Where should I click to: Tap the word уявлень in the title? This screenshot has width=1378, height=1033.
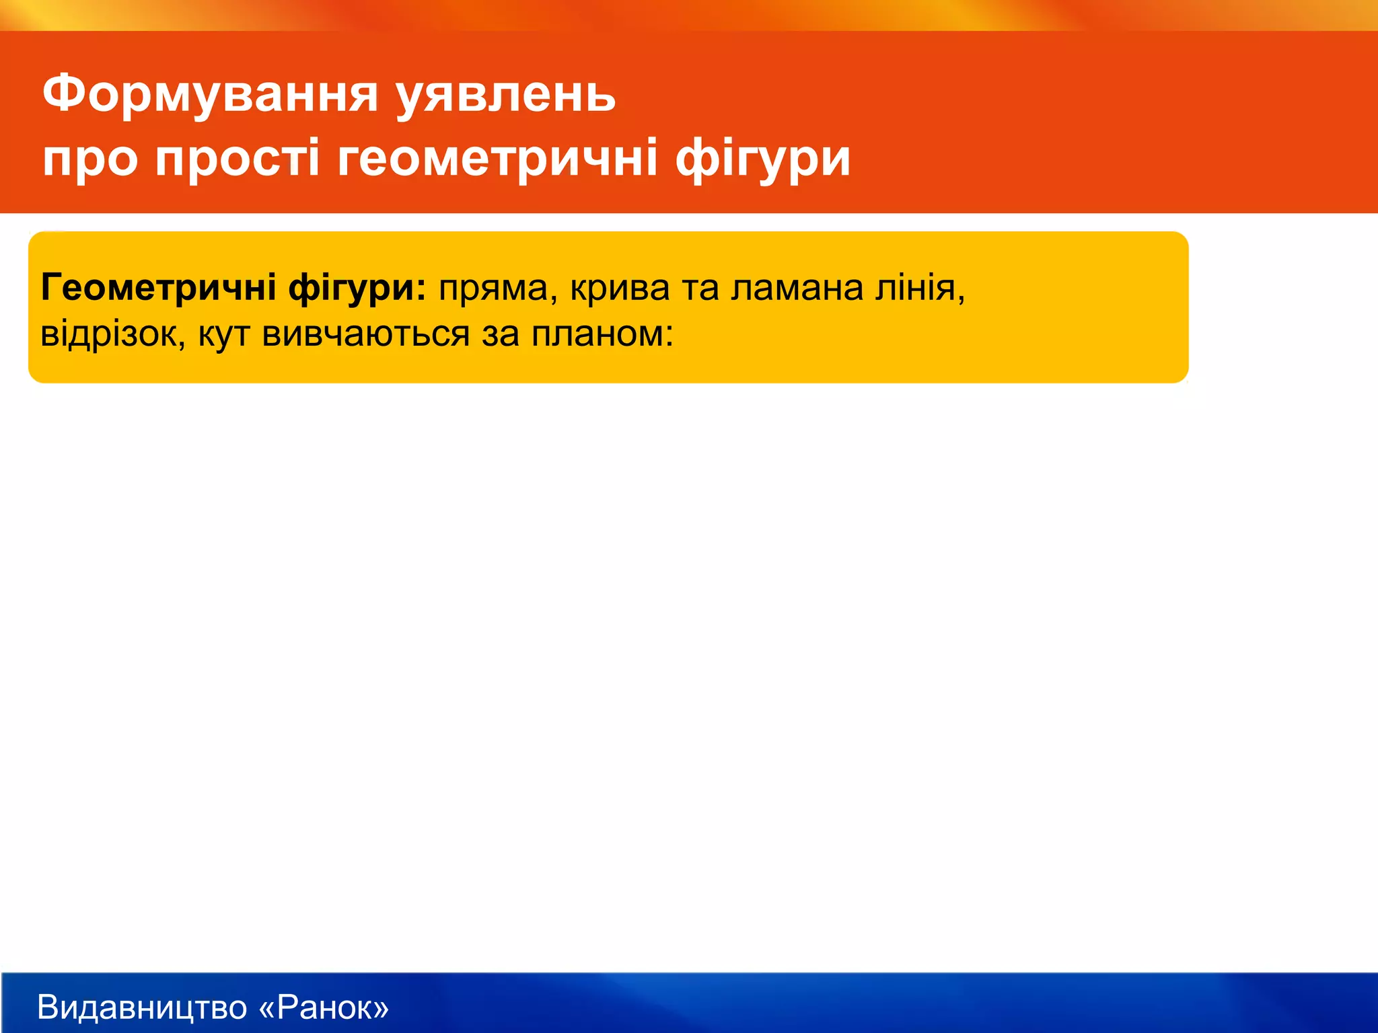505,94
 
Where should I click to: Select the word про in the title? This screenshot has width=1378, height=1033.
90,159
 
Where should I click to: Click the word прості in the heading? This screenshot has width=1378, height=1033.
238,159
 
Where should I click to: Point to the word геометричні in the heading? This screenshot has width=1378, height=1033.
497,159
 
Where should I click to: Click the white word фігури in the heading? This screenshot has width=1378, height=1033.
763,159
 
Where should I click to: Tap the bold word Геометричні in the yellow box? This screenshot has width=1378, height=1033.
159,288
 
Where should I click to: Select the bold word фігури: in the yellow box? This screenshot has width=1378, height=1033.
357,288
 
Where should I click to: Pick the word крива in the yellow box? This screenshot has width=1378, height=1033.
620,288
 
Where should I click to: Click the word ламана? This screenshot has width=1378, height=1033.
797,288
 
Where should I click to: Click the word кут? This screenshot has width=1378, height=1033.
224,334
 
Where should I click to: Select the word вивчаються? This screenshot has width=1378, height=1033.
366,334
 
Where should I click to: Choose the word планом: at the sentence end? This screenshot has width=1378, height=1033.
602,334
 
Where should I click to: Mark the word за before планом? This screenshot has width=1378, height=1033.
501,334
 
